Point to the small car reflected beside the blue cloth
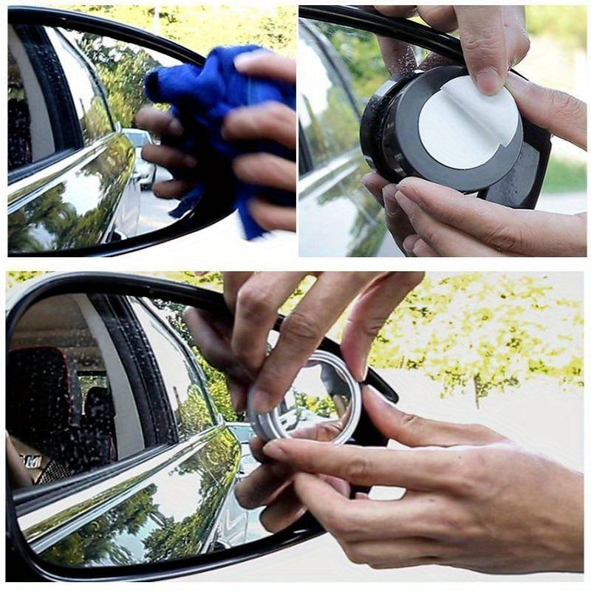[140, 155]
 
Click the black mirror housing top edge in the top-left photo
[111, 22]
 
